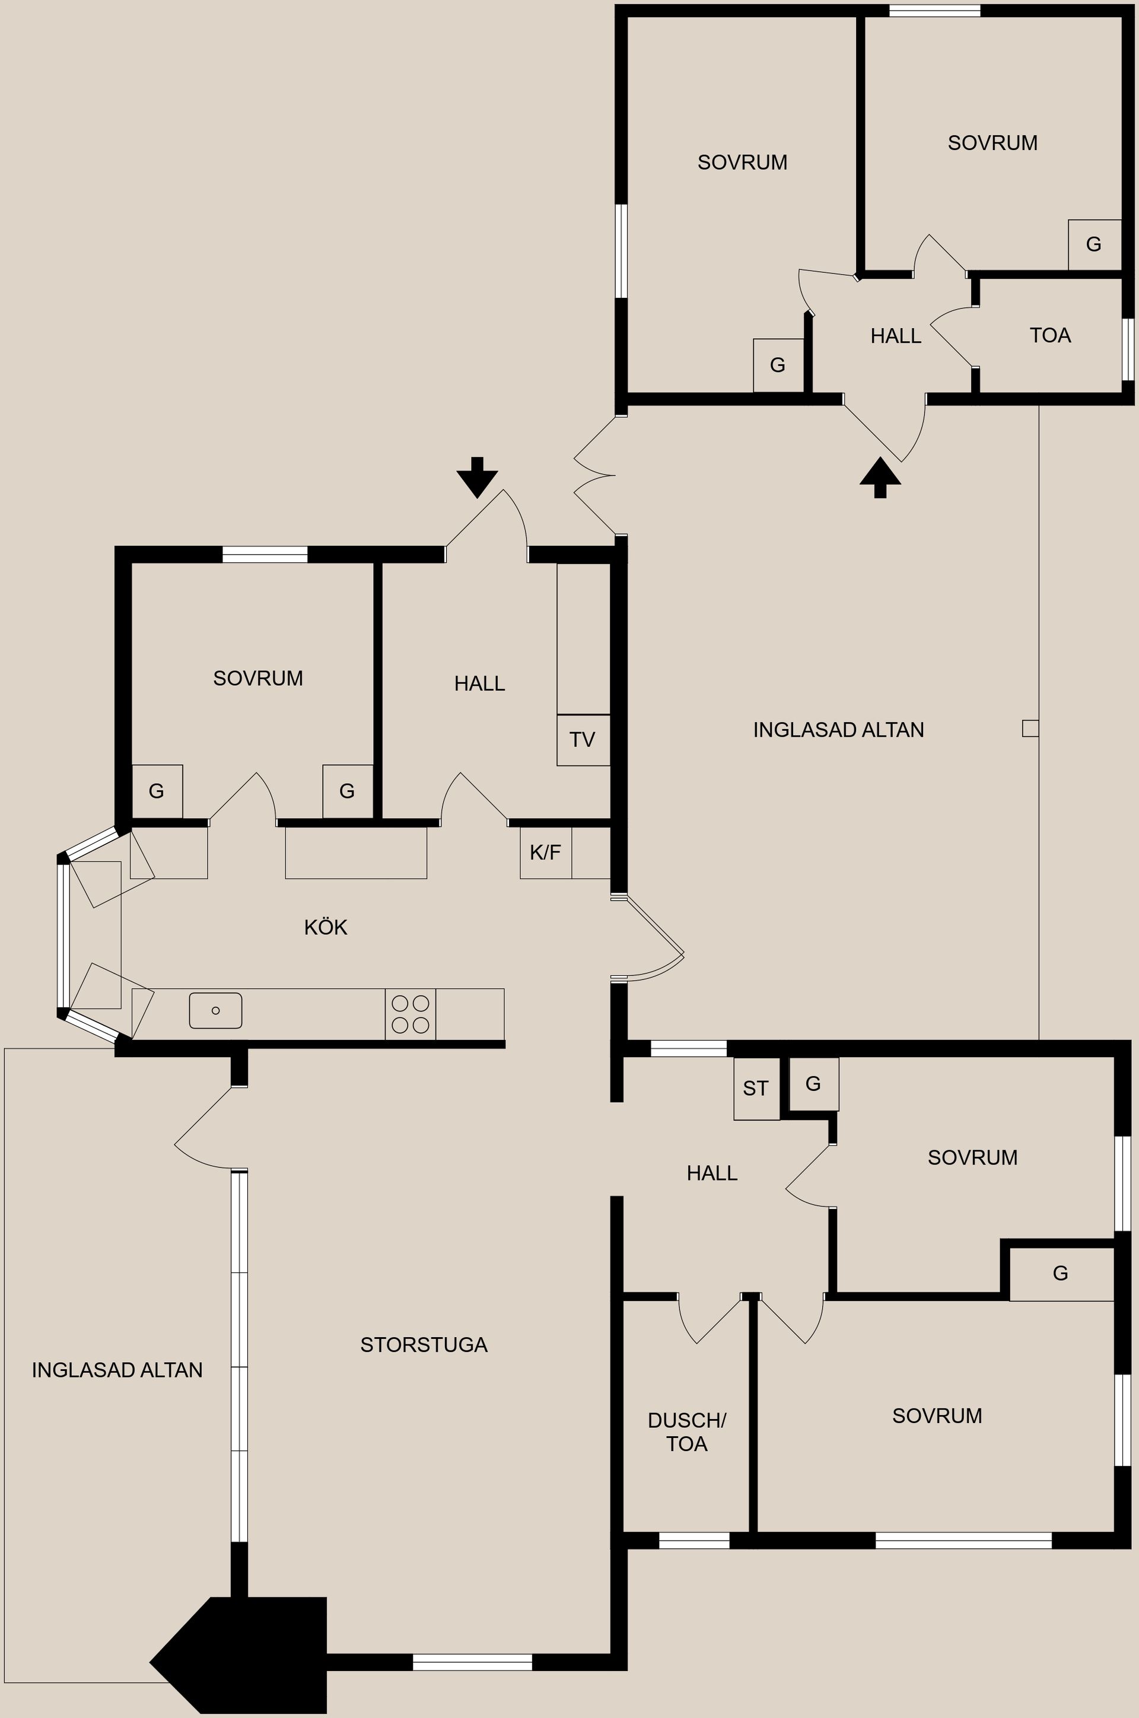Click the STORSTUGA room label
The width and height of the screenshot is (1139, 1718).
pyautogui.click(x=424, y=1345)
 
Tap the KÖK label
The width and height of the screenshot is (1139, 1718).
pyautogui.click(x=326, y=926)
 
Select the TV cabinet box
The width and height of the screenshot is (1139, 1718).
pyautogui.click(x=583, y=740)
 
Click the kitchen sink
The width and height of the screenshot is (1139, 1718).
pyautogui.click(x=216, y=1010)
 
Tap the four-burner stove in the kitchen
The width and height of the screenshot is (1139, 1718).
pyautogui.click(x=411, y=1014)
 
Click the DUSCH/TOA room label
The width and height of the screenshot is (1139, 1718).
pyautogui.click(x=686, y=1432)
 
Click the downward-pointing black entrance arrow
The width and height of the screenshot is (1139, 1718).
pyautogui.click(x=477, y=478)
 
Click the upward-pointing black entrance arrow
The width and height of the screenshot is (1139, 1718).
pyautogui.click(x=880, y=478)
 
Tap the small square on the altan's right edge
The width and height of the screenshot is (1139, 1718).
pyautogui.click(x=1030, y=728)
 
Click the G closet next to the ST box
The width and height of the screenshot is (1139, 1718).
pyautogui.click(x=813, y=1084)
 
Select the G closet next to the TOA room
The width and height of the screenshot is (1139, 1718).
pyautogui.click(x=1094, y=244)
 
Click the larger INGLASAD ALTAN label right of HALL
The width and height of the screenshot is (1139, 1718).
pyautogui.click(x=838, y=729)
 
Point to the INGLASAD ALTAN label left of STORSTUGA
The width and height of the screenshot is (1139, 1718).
pyautogui.click(x=117, y=1369)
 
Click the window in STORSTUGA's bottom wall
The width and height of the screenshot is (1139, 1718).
pyautogui.click(x=473, y=1662)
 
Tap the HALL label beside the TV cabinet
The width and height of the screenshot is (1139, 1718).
pyautogui.click(x=479, y=683)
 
